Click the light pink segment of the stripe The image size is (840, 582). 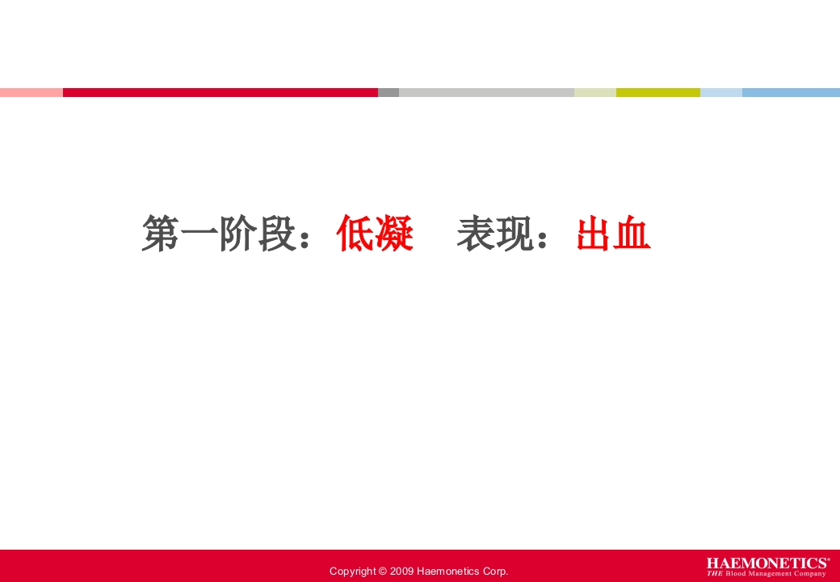[x=31, y=92]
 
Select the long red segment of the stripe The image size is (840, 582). [x=220, y=92]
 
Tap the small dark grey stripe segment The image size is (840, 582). [x=388, y=92]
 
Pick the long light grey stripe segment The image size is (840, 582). [x=486, y=92]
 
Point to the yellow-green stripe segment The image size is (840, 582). [x=657, y=92]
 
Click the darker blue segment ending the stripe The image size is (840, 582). [x=791, y=92]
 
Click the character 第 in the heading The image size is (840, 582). [x=161, y=234]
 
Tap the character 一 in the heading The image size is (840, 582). [x=199, y=234]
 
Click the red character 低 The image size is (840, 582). [x=355, y=234]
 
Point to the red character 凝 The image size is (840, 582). [x=395, y=234]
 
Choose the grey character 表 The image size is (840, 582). [x=476, y=234]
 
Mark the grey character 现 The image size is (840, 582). [x=514, y=234]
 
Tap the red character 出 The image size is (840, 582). [x=595, y=234]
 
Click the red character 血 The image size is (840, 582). [x=634, y=234]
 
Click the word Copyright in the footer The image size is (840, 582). [x=352, y=571]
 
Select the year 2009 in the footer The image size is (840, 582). [x=401, y=571]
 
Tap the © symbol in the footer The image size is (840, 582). [x=382, y=571]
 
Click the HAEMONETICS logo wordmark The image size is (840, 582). [x=767, y=563]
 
